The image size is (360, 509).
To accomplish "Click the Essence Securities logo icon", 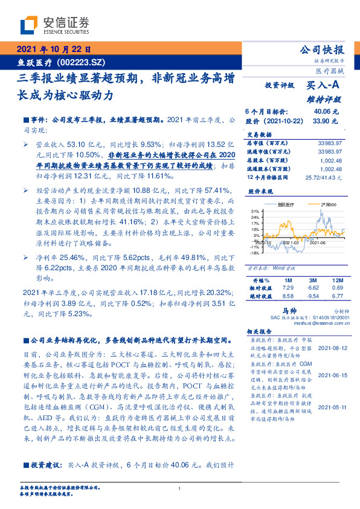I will coord(29,25).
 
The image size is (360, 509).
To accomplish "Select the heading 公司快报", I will coord(321,50).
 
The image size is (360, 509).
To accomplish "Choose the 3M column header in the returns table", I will coord(312,281).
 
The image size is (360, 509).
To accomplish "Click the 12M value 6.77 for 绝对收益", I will coord(337,297).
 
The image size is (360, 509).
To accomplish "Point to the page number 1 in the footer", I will coord(180,488).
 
